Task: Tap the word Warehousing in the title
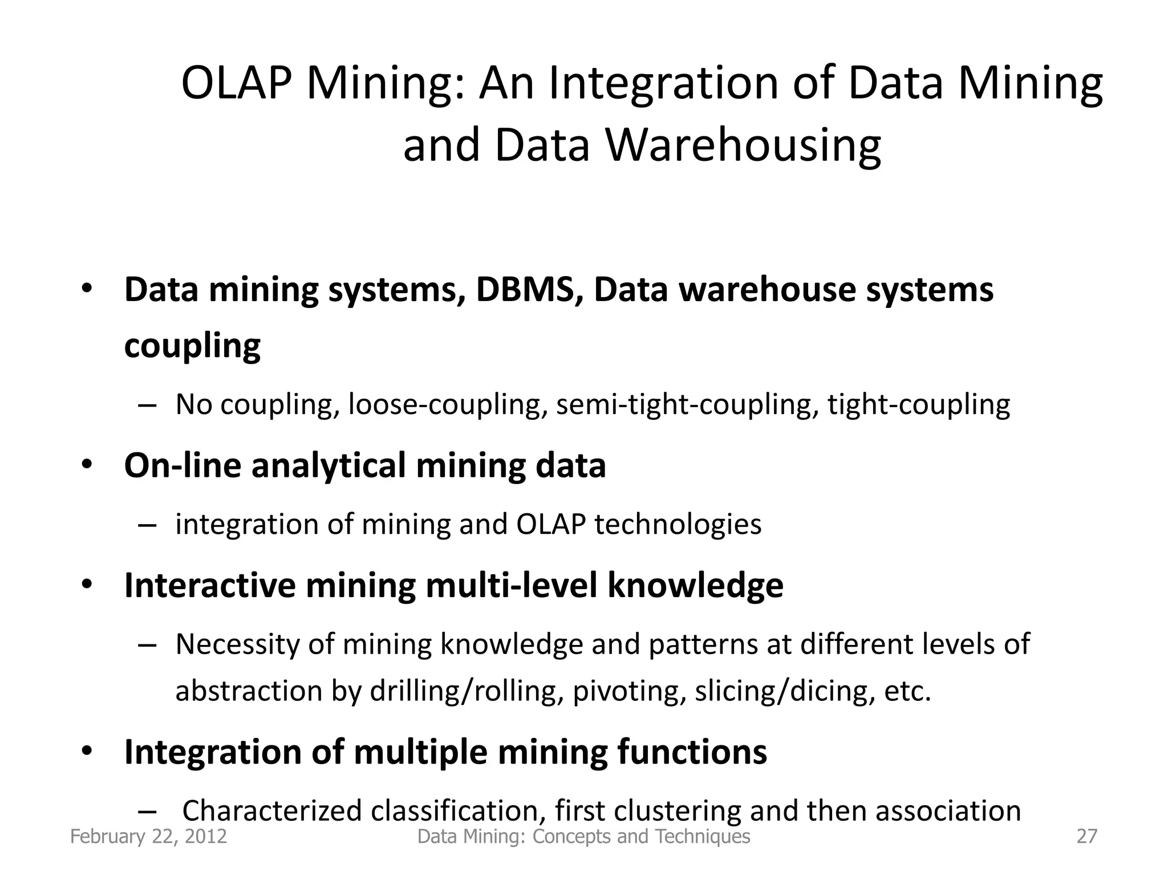point(743,145)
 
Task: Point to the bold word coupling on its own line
point(192,346)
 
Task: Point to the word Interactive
point(210,585)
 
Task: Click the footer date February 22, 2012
point(148,837)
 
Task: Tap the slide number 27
point(1086,837)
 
